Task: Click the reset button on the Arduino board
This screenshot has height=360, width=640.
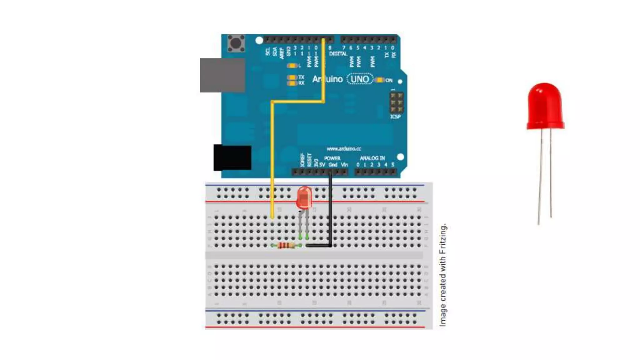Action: tap(236, 43)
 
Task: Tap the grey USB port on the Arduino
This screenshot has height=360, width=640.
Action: tap(222, 75)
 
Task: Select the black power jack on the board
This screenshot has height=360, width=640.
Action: tap(232, 157)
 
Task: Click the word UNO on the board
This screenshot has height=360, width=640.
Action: tap(360, 79)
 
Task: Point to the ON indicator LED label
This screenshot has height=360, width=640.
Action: tap(389, 80)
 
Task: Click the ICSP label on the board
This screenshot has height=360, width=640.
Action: tap(395, 117)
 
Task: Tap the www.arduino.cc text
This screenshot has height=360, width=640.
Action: tap(344, 149)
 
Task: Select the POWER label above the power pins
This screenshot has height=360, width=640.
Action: tap(332, 158)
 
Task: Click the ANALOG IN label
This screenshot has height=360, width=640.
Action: tap(372, 158)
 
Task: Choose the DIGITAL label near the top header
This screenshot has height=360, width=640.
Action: tap(338, 54)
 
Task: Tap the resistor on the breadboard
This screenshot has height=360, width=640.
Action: tap(286, 246)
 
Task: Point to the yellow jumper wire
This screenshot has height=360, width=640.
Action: tap(272, 156)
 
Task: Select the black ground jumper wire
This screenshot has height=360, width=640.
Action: tap(330, 212)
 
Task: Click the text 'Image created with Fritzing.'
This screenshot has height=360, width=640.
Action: tap(443, 275)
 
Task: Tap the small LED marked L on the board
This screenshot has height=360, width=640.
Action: tap(292, 66)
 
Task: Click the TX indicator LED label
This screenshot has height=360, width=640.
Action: tap(301, 77)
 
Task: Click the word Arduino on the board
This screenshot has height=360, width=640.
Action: tap(327, 79)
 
